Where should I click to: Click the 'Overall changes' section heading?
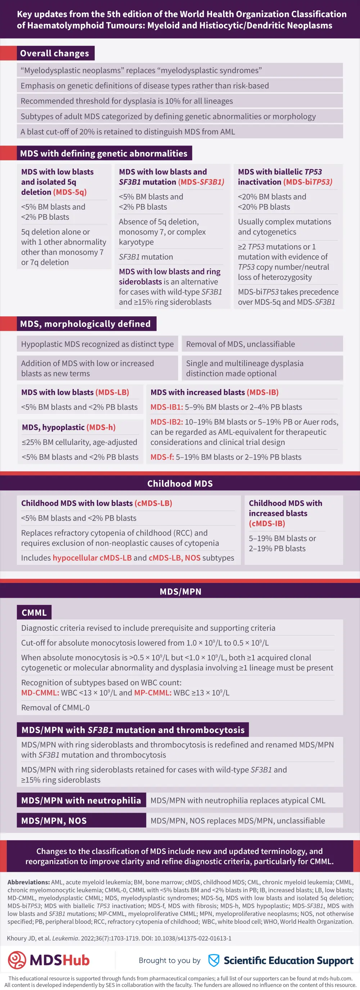pos(55,53)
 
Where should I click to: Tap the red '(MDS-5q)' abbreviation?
pos(69,192)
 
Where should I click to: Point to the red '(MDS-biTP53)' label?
pos(308,182)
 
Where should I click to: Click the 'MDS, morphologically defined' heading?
pos(85,324)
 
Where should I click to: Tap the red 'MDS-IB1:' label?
pos(167,407)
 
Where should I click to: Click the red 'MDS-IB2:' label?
pos(167,422)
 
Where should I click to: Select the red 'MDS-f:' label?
pos(162,457)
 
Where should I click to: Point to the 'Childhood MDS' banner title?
pos(180,483)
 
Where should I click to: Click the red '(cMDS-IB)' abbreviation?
pos(267,523)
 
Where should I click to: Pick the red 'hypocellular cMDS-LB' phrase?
pos(92,558)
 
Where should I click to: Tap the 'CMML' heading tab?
pos(34,612)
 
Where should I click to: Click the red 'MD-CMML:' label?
pos(40,692)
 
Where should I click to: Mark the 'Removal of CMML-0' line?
pos(55,708)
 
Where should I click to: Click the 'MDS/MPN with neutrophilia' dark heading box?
pos(81,801)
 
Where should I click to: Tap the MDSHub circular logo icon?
pos(17,960)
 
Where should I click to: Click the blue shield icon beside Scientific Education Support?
pos(213,960)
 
